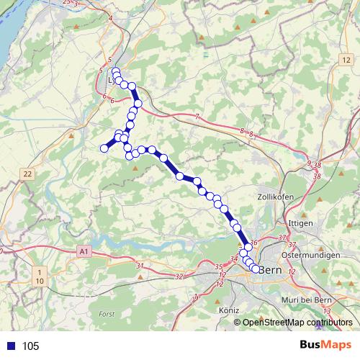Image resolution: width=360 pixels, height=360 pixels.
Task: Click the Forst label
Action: [107, 314]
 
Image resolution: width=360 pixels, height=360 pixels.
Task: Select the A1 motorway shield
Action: [84, 251]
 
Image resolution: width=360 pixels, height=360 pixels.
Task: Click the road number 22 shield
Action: [27, 174]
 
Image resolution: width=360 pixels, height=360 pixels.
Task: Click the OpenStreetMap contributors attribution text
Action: [297, 323]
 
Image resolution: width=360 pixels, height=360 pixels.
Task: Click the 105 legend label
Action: [30, 346]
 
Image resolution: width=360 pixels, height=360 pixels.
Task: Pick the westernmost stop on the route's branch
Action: [104, 148]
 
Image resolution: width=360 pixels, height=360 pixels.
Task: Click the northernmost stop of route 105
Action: [115, 71]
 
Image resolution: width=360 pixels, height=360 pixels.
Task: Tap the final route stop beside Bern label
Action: [256, 270]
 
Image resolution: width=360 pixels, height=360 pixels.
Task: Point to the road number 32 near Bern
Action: [179, 276]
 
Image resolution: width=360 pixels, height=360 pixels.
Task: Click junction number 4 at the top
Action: [112, 18]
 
